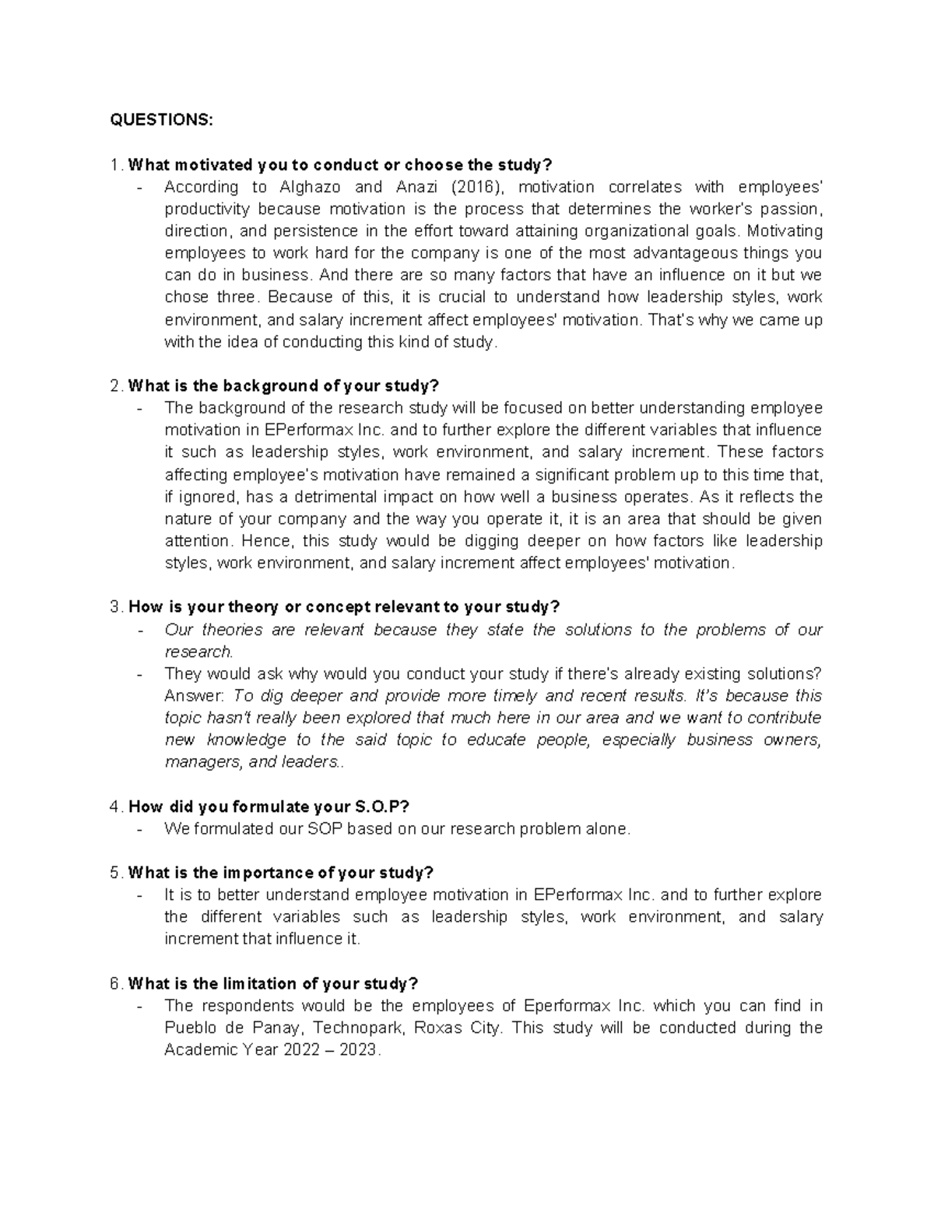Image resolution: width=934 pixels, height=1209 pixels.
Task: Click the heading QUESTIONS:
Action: coord(160,120)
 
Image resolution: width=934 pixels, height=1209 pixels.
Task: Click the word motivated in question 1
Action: coord(210,165)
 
